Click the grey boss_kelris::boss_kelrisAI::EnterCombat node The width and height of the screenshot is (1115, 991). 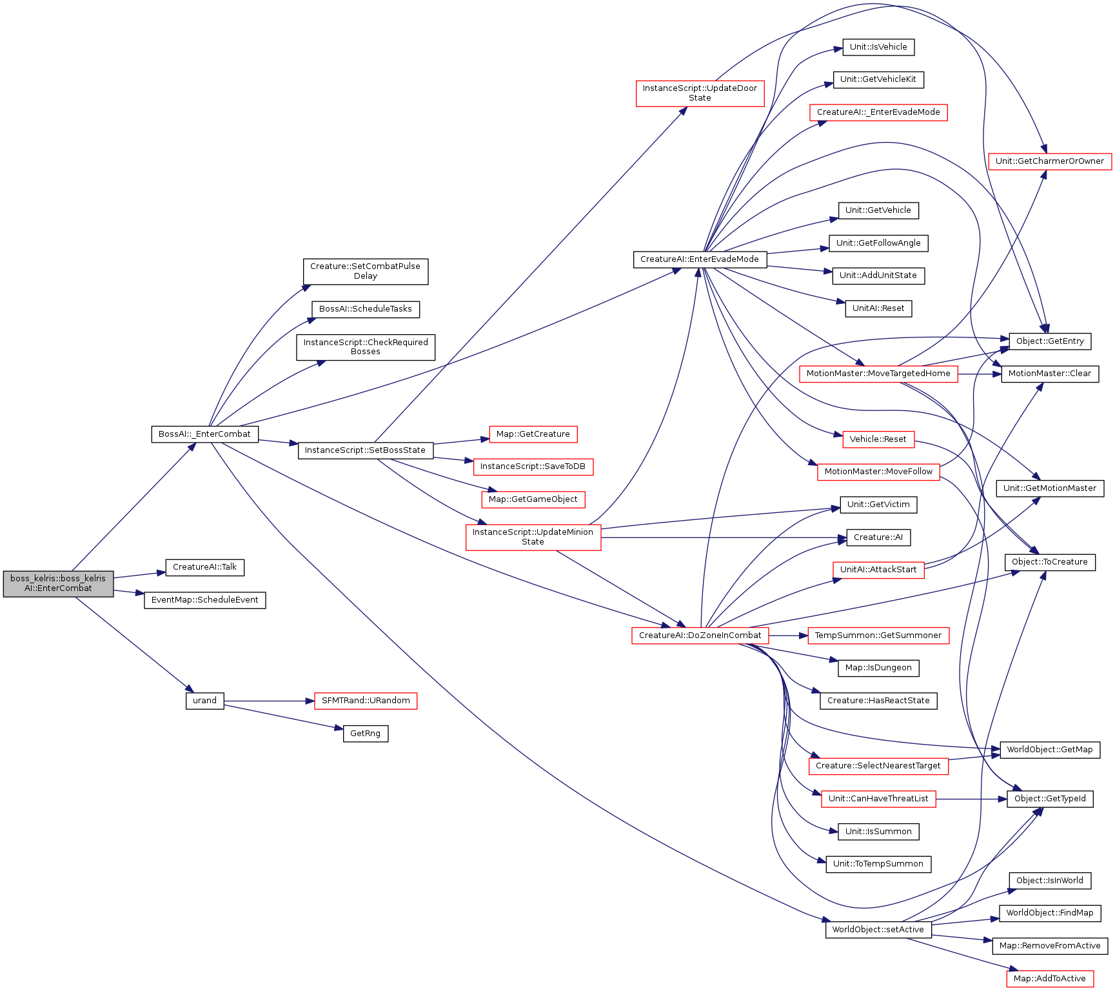(x=58, y=583)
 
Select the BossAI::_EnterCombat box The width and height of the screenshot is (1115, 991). (x=204, y=434)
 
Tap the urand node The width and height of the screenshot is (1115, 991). (x=205, y=701)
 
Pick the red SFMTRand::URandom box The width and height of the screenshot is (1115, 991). (x=366, y=701)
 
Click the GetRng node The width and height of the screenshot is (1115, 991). (x=366, y=734)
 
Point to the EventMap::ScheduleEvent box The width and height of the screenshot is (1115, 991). (x=205, y=600)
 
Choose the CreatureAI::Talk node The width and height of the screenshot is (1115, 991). (x=205, y=567)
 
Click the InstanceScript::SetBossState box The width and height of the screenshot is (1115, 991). (x=366, y=450)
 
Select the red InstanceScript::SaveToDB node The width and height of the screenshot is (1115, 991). (x=533, y=466)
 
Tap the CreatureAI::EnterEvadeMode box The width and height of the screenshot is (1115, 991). (x=700, y=259)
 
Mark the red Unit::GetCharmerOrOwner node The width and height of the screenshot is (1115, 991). (x=1050, y=161)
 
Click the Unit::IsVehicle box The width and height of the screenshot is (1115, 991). (x=878, y=47)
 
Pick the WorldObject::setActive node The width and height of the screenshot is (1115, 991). (x=878, y=930)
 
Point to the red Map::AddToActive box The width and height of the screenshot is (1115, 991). (x=1050, y=979)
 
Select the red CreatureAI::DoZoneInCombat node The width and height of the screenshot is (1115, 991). (x=700, y=636)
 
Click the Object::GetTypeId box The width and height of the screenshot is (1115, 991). (x=1050, y=799)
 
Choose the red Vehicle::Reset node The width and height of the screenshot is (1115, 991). (x=878, y=439)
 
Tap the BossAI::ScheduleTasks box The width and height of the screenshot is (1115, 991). (x=366, y=309)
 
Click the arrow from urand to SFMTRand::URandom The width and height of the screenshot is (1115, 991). (x=269, y=701)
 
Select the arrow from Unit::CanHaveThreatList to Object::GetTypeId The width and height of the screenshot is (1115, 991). (x=971, y=799)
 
